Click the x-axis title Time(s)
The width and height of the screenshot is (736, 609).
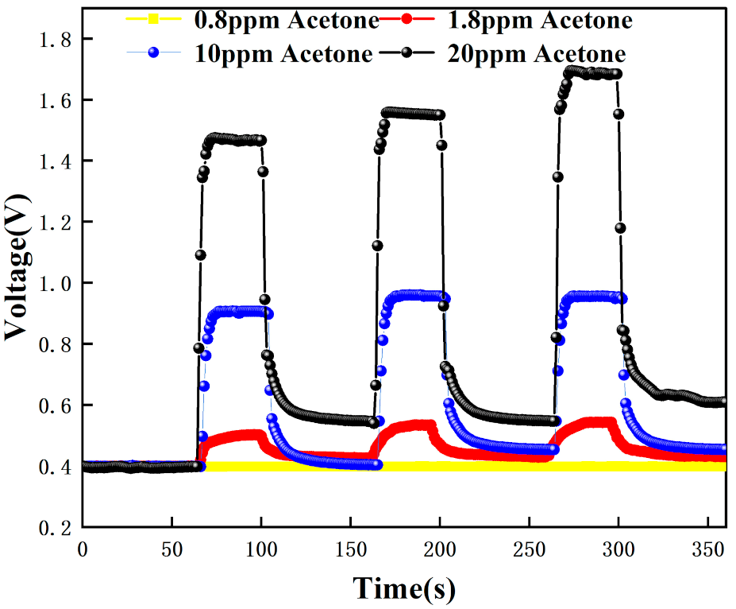click(x=404, y=588)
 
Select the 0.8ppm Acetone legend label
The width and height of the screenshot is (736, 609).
click(x=287, y=20)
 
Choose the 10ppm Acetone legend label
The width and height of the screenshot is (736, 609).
click(x=282, y=53)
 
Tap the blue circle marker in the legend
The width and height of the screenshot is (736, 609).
click(x=156, y=52)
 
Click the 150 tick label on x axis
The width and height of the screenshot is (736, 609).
click(x=350, y=549)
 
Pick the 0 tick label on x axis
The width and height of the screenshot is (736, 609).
click(x=83, y=549)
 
